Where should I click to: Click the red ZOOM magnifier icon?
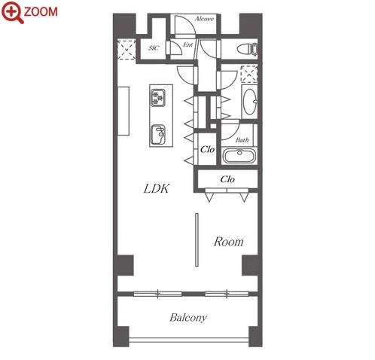(x=13, y=12)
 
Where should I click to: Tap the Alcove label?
(x=204, y=19)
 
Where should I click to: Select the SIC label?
(x=154, y=47)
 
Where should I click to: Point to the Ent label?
(x=187, y=44)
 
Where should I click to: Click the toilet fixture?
(x=248, y=50)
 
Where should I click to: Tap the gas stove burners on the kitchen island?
(x=158, y=97)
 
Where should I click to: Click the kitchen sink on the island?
(x=158, y=135)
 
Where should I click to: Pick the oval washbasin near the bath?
(x=250, y=102)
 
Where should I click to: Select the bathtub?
(x=239, y=156)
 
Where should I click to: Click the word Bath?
(x=242, y=140)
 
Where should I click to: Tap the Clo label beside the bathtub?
(x=207, y=150)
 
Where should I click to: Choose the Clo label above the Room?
(x=227, y=179)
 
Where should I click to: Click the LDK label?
(x=157, y=189)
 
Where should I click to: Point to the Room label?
(x=228, y=242)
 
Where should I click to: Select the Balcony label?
(x=188, y=318)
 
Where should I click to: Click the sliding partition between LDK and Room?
(x=197, y=239)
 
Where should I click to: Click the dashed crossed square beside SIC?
(x=127, y=49)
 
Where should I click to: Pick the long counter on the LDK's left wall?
(x=123, y=111)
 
